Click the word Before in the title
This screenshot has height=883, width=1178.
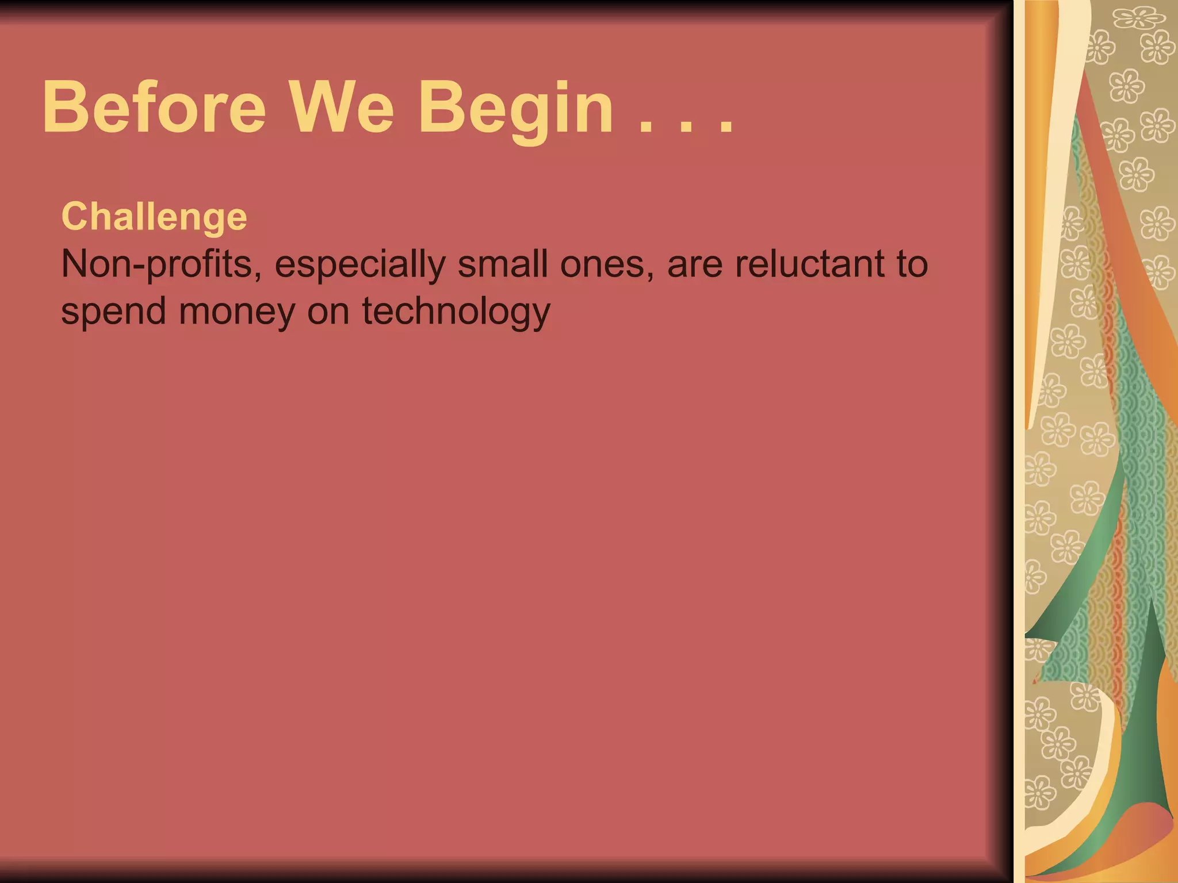154,108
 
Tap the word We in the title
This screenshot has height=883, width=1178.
341,108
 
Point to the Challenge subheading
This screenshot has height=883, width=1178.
154,217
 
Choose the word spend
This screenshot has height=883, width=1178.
113,312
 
